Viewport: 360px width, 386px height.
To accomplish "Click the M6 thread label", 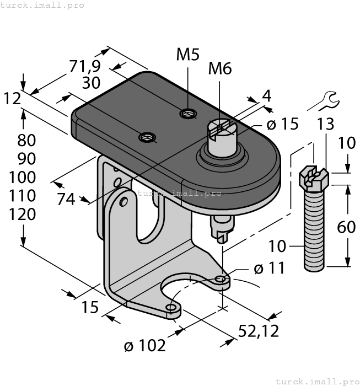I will [220, 68].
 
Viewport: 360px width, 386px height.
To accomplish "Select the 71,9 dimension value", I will [85, 66].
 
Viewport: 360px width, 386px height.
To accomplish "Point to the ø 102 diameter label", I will [144, 346].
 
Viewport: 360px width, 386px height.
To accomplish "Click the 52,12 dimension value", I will [258, 330].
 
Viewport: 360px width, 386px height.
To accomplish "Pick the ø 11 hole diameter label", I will [269, 269].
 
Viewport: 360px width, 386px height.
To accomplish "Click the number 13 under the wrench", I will [325, 124].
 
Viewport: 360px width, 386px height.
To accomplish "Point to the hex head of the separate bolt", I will [313, 178].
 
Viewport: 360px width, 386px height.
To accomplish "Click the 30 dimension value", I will [91, 83].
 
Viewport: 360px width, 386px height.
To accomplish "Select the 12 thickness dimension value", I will [12, 99].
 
